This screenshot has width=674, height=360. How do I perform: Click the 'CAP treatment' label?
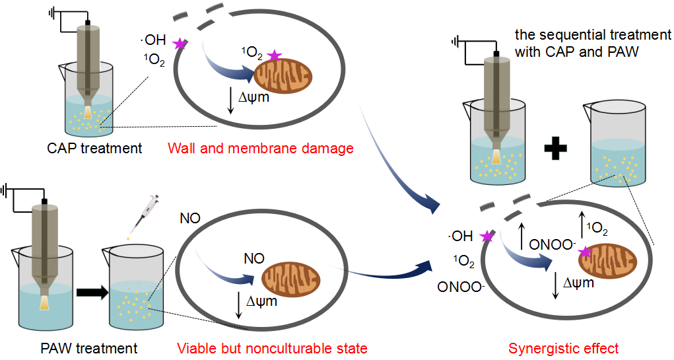point(94,148)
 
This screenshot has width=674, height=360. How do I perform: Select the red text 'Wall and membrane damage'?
point(261,148)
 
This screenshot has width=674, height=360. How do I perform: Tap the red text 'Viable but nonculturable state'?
point(272,348)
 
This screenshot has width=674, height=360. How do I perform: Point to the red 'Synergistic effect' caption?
point(564,348)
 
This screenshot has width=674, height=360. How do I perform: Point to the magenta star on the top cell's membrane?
point(179,44)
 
